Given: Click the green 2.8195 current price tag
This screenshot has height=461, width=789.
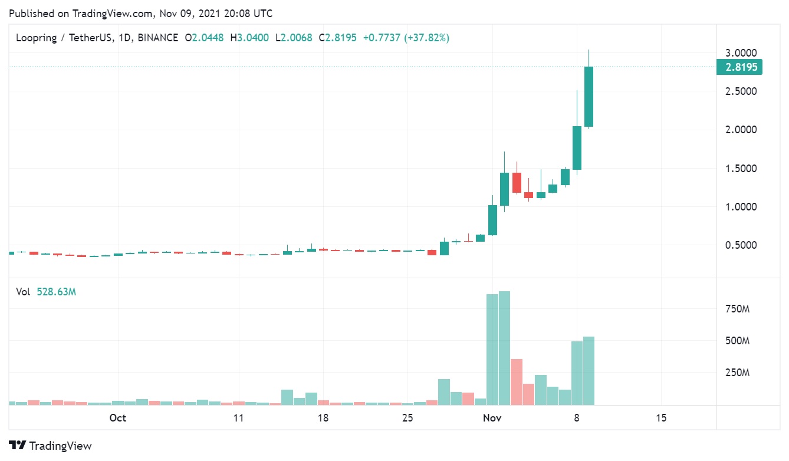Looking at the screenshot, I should tap(739, 67).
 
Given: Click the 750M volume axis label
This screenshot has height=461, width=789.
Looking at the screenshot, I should tap(737, 308).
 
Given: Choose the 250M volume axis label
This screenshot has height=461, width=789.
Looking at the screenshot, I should tap(737, 373).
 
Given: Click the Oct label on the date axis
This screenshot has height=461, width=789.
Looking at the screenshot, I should tap(118, 418).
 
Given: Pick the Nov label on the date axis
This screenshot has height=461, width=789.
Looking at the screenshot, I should tap(492, 418).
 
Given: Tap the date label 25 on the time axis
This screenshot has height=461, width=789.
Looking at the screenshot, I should tap(407, 418).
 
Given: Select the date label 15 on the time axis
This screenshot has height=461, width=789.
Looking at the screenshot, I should tap(661, 418).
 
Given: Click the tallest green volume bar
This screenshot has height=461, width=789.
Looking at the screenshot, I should tap(504, 348).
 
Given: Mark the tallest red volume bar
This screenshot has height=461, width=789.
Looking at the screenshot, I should tap(517, 381).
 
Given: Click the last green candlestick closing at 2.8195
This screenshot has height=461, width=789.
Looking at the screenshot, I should tap(589, 97).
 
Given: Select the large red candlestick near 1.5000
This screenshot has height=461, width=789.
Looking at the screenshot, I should tap(517, 183).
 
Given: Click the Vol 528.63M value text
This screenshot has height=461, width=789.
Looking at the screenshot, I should tap(57, 291).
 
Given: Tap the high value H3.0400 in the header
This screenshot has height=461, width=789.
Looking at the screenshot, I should tap(249, 38).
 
